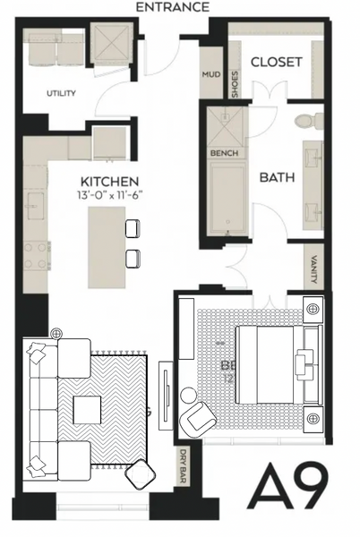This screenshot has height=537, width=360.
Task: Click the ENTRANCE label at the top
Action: coord(173,7)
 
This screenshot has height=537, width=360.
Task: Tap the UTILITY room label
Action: coord(61,93)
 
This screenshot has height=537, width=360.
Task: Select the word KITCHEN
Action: coord(107,179)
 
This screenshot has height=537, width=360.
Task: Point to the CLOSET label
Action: coord(276,62)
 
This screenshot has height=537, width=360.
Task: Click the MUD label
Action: coord(211,74)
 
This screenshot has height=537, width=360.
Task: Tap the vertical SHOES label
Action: coord(235,82)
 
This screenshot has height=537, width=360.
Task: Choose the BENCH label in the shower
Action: coord(223,153)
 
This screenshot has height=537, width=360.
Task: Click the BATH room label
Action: coord(277,177)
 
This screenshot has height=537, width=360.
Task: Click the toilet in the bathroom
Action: coord(303,119)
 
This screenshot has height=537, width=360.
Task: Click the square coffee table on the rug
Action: coord(88,411)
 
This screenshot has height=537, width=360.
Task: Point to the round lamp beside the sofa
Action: coord(57,333)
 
